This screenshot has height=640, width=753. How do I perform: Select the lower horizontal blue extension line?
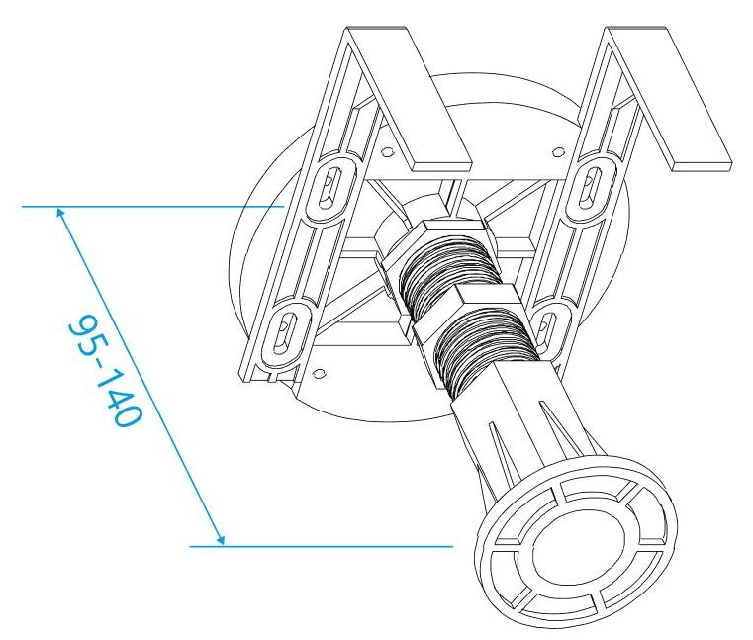tap(317, 545)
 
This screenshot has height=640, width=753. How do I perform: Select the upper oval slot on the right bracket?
tap(592, 184)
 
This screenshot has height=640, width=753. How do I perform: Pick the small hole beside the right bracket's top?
tap(556, 151)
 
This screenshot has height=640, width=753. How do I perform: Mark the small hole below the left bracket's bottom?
tap(318, 372)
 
